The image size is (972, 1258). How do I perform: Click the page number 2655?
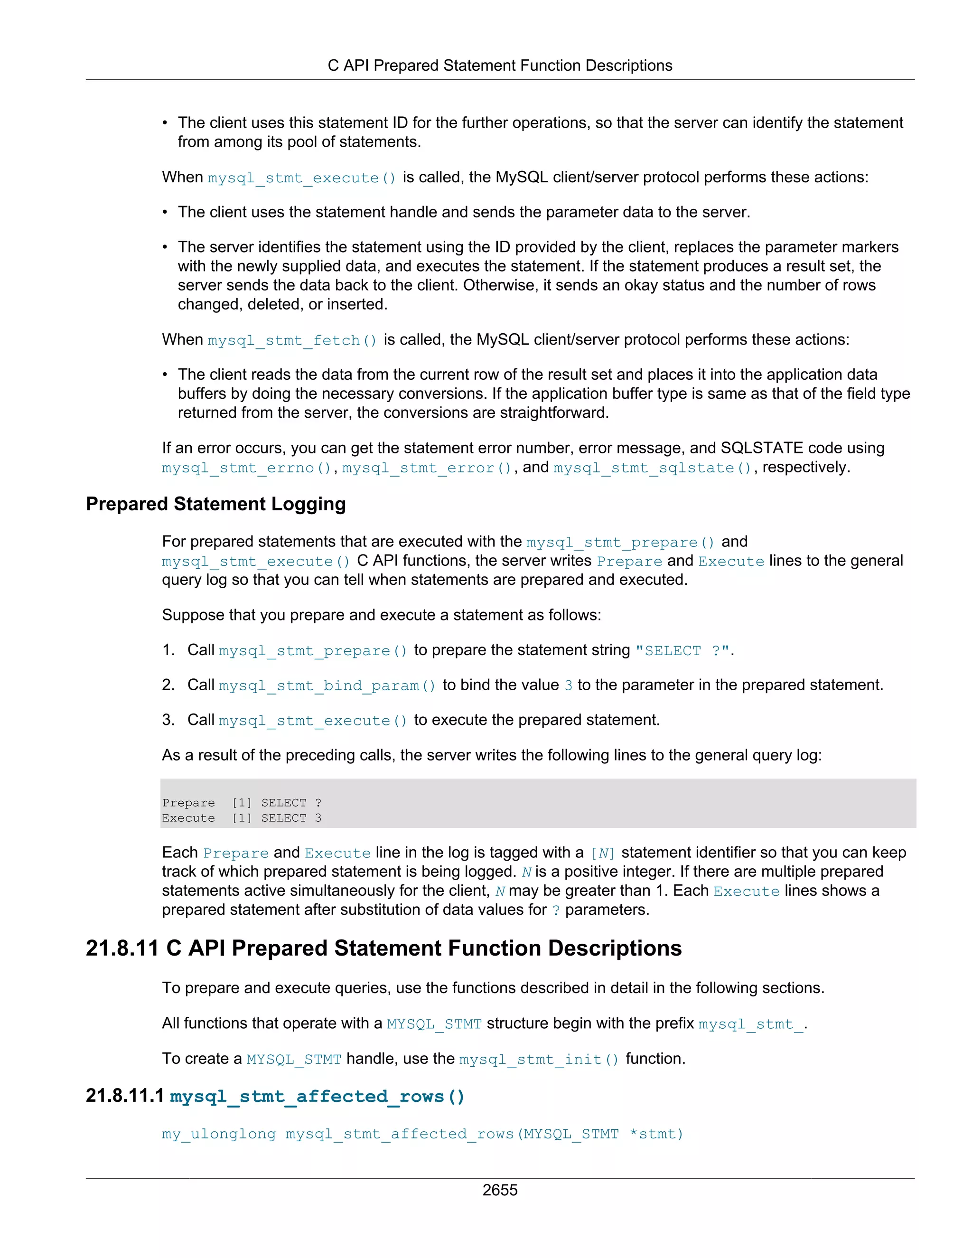[499, 1190]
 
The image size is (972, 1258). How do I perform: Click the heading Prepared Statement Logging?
[215, 504]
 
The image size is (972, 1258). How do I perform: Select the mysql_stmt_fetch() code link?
[292, 340]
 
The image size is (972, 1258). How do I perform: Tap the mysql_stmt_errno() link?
[246, 468]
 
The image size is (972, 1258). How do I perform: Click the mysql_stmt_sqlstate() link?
[653, 468]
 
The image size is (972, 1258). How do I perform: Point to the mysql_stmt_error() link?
[427, 468]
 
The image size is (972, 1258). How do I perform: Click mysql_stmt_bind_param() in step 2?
[327, 685]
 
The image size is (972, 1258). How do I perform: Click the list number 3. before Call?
[168, 720]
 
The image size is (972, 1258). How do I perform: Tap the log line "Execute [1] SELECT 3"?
[242, 818]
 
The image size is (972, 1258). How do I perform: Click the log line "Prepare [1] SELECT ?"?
[242, 803]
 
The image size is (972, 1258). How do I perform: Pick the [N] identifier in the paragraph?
[602, 853]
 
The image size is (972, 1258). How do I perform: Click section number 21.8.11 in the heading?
[121, 948]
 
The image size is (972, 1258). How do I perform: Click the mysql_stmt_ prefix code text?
[750, 1024]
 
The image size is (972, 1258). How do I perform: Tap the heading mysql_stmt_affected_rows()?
[317, 1096]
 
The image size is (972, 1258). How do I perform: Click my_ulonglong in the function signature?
[219, 1134]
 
